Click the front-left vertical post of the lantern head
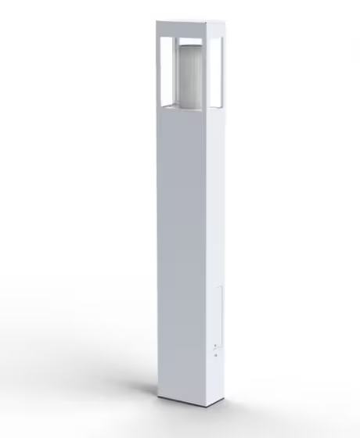tap(160, 70)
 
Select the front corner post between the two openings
tap(204, 70)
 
